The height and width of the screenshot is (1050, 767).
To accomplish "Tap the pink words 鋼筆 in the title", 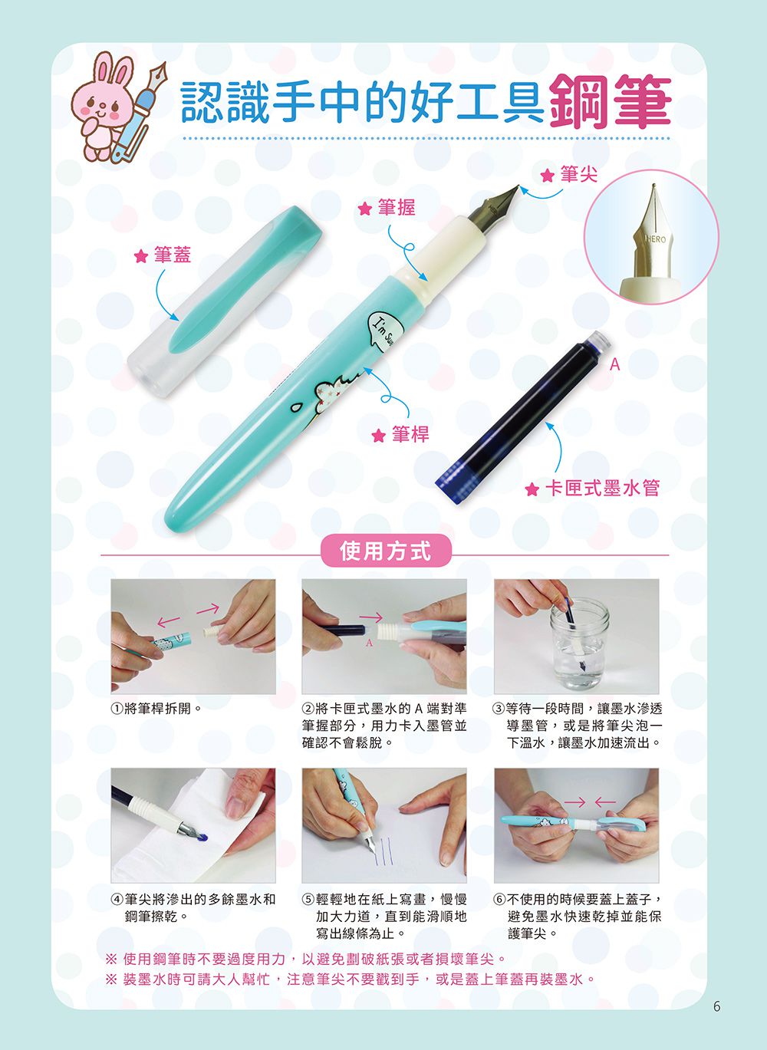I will pyautogui.click(x=611, y=103).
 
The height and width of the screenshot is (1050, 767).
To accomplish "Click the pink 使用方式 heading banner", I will pyautogui.click(x=385, y=551).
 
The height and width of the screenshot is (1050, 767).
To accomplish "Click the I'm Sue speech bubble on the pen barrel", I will pyautogui.click(x=382, y=331).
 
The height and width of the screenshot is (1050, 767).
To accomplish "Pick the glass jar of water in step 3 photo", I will pyautogui.click(x=578, y=644).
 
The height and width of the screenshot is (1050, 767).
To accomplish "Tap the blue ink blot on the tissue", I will pyautogui.click(x=202, y=838).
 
